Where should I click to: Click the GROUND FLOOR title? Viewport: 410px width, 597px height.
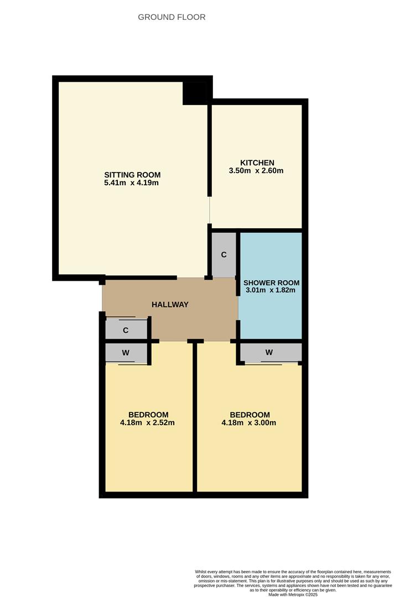tap(172, 17)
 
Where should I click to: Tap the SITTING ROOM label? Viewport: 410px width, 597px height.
tap(132, 175)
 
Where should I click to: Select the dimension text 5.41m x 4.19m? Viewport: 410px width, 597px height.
tap(132, 183)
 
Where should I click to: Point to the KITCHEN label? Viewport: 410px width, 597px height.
tap(257, 163)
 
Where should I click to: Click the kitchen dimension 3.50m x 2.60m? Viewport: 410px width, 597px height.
tap(256, 171)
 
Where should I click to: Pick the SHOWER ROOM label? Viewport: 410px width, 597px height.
tap(271, 283)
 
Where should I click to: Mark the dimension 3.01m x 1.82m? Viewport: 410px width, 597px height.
tap(271, 290)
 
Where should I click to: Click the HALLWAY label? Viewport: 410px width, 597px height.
tap(170, 305)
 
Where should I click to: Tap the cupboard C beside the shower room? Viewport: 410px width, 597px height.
tap(224, 255)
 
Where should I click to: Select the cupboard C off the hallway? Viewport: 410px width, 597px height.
tap(126, 331)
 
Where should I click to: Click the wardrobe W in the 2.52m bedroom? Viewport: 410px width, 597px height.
tap(126, 353)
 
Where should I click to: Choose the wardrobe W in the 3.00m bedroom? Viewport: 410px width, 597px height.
tap(269, 352)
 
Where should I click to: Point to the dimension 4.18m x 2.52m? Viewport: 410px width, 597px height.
tap(148, 423)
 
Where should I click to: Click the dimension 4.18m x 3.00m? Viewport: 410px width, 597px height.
tap(249, 423)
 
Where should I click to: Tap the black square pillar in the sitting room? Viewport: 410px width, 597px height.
tap(195, 93)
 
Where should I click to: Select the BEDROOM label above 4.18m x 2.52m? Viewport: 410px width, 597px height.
tap(148, 415)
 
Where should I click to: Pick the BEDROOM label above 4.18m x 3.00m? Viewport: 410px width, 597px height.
tap(250, 415)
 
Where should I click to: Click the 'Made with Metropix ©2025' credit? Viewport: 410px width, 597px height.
tap(293, 594)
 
